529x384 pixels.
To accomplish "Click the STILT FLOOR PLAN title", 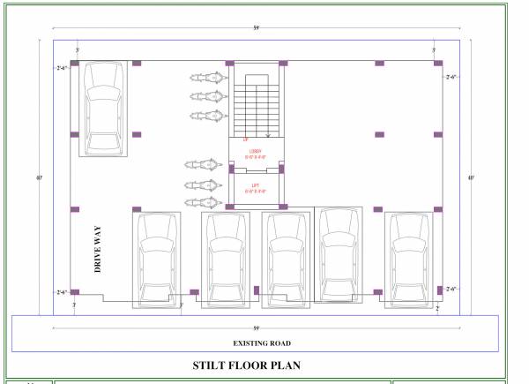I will (249, 364).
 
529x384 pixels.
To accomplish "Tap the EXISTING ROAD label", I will (262, 343).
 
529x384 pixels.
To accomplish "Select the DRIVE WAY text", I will (101, 251).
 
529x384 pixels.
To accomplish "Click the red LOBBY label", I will (256, 153).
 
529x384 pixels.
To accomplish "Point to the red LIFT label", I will (256, 185).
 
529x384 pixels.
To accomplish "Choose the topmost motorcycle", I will (203, 79).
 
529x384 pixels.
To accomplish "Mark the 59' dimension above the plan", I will (256, 29).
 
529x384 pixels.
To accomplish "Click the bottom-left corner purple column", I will (75, 292).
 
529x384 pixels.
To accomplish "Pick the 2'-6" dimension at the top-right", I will (452, 77).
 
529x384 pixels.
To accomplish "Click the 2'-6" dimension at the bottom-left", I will (62, 291).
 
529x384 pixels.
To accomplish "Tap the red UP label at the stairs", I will (245, 139).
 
